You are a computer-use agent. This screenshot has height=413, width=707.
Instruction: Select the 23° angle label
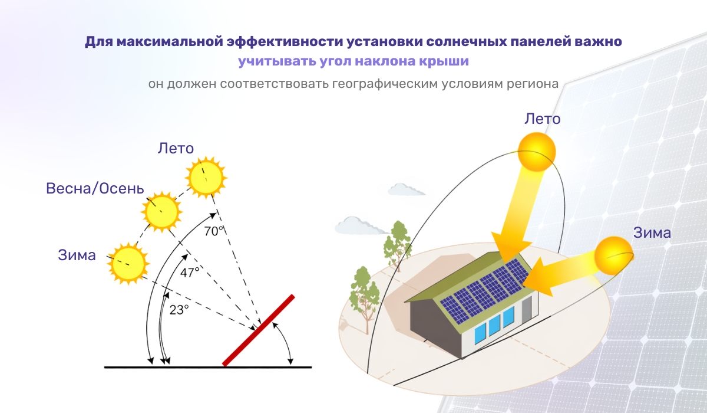[x=179, y=309]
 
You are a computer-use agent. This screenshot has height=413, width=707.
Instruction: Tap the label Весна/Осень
[x=95, y=189]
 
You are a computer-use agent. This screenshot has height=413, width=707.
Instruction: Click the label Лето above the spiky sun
[x=176, y=148]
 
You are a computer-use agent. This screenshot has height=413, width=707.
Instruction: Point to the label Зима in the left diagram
[x=77, y=255]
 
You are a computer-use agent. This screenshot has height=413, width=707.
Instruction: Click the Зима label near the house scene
[x=652, y=232]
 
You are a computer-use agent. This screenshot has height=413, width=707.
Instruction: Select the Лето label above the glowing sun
[x=542, y=119]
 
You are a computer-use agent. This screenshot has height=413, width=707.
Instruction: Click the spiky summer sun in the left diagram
[x=205, y=176]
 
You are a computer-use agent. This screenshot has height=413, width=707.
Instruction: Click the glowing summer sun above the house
[x=536, y=151]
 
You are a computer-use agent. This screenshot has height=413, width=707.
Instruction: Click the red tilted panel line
[x=259, y=330]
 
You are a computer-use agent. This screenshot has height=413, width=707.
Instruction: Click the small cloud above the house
[x=407, y=189]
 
